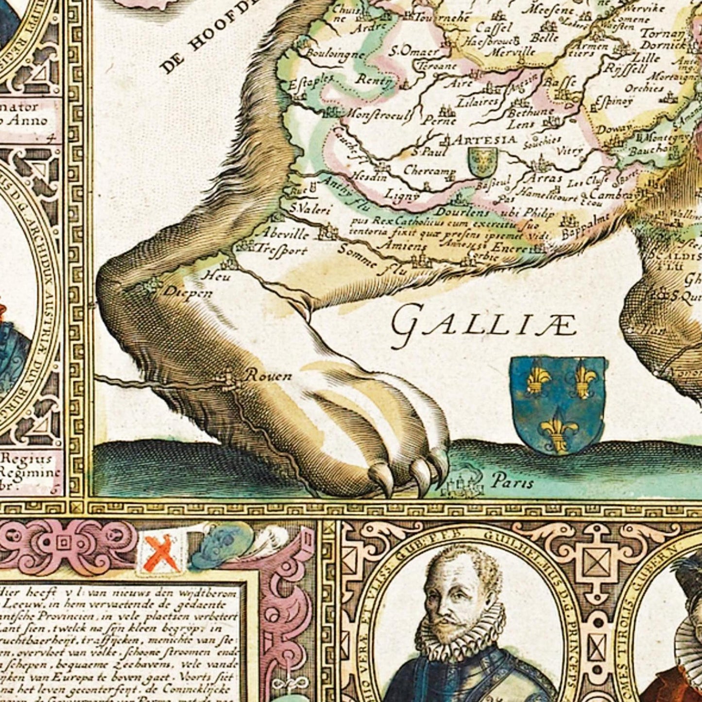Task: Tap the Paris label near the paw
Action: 512,481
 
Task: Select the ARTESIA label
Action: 484,140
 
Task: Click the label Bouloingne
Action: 336,54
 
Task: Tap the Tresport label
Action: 282,251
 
